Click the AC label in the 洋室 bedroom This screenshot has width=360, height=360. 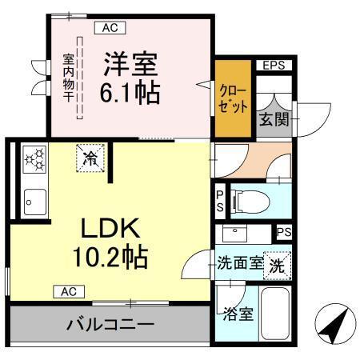coord(110,29)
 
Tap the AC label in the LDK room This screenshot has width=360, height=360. coord(68,291)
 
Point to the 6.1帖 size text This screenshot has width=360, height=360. coord(130,92)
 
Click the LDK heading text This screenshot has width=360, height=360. coord(111,230)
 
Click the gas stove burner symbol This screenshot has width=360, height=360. coord(34,159)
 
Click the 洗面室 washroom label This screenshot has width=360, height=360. coord(240,263)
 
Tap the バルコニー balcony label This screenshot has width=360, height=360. coord(110,326)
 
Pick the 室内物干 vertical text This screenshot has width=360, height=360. coord(69,80)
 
